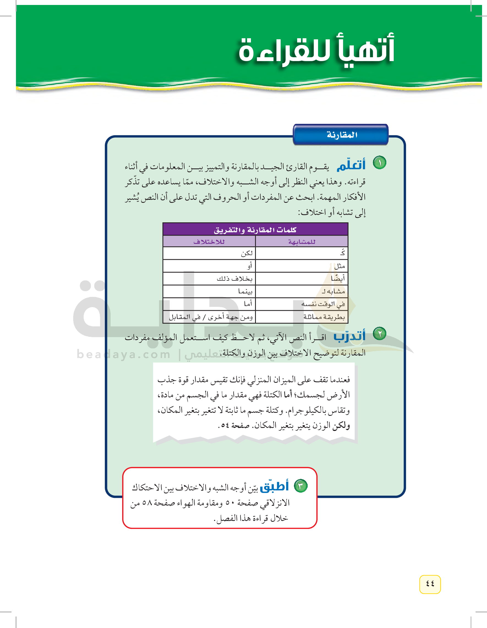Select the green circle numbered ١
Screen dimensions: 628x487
pos(379,163)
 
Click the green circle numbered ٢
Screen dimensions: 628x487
pos(379,334)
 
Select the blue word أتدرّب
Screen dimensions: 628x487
pos(349,336)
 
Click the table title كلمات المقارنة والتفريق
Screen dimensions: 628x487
pos(255,230)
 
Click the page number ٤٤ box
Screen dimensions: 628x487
pos(430,584)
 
